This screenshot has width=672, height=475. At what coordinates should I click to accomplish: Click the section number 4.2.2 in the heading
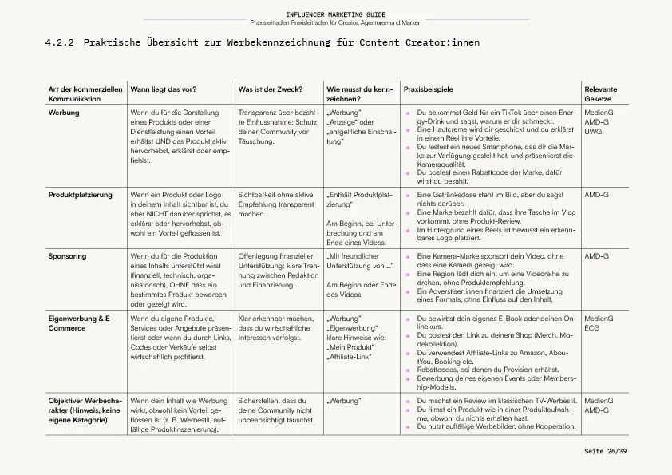coord(60,42)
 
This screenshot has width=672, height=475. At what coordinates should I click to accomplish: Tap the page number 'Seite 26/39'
coord(605,452)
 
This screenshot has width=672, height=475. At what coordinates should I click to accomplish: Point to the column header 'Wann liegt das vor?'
coord(164,89)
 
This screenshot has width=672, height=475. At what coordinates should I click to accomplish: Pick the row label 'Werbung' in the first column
coord(64,113)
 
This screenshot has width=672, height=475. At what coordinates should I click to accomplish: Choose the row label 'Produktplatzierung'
coord(81,194)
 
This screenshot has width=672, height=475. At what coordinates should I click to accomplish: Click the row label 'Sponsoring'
coord(67,256)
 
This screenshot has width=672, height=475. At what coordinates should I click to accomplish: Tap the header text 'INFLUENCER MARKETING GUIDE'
coord(335,14)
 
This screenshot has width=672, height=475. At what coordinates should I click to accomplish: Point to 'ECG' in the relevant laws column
coord(593,327)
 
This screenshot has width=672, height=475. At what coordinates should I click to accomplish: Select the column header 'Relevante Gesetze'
coord(601,94)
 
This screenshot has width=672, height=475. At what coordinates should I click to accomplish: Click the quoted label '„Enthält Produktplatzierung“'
coord(359,199)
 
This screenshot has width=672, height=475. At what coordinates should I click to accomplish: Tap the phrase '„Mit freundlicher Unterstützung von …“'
coord(360,261)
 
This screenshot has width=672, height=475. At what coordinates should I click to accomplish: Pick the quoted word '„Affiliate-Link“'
coord(348,356)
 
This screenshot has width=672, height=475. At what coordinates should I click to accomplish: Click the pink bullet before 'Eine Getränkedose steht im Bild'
coord(409,196)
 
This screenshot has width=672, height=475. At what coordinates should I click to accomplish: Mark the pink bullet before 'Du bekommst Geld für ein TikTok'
coord(409,114)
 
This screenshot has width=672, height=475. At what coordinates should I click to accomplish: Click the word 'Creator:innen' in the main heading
coord(442,42)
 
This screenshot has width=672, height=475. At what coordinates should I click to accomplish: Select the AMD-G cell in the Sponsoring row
coord(596,256)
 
